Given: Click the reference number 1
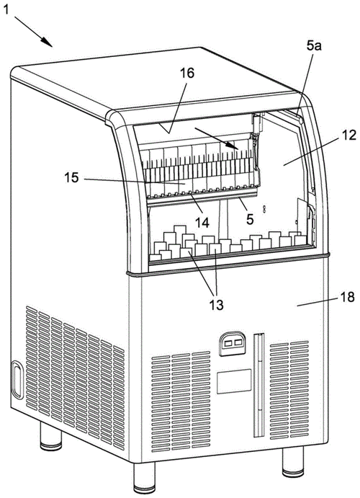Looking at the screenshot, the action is tap(6, 11).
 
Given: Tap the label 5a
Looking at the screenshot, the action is tap(314, 46).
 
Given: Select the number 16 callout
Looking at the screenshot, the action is tap(187, 74).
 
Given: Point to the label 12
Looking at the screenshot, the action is tap(349, 135).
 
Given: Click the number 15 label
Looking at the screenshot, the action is tap(72, 177).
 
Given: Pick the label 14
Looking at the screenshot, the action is tap(202, 222).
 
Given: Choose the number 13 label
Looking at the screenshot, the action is tap(216, 305).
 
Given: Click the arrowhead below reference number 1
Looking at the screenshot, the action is tap(47, 42).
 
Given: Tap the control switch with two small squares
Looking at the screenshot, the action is tap(233, 343).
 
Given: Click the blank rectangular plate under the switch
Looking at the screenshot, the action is tap(234, 381).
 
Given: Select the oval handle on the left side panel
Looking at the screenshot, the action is tap(17, 380).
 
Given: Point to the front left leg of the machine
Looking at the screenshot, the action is tap(144, 478).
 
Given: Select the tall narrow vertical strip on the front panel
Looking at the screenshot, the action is tap(258, 384).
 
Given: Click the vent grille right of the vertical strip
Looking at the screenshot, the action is tap(289, 390).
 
